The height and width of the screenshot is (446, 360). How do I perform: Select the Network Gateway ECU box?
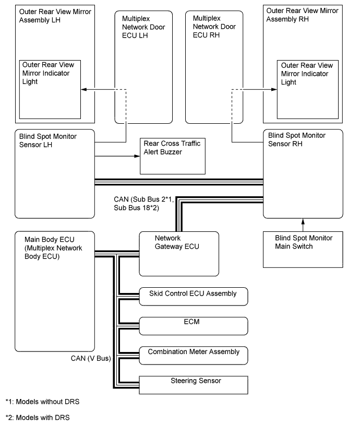178,253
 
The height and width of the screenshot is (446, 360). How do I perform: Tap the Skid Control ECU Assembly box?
194,296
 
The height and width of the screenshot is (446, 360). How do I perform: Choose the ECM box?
194,325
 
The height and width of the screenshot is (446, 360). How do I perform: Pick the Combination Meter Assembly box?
194,355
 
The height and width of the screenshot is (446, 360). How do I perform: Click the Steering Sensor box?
194,384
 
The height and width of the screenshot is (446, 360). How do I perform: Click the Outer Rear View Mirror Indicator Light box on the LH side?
51,89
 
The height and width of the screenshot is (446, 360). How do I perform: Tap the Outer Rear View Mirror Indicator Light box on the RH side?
310,89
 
